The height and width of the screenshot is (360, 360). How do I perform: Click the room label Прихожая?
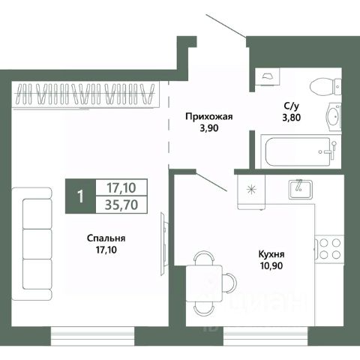[209, 117]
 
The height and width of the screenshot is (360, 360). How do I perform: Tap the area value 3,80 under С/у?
[292, 117]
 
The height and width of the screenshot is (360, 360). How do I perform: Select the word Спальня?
[106, 238]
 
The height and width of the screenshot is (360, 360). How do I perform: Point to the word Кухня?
[271, 254]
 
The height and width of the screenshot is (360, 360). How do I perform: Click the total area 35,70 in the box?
[121, 205]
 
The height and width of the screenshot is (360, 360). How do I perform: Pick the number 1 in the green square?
[80, 196]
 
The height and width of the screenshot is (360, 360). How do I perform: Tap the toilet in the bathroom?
[325, 86]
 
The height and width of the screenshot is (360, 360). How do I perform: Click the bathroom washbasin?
[334, 116]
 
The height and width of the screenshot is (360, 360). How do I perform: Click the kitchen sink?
[301, 189]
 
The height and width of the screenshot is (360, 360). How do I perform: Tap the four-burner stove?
[329, 249]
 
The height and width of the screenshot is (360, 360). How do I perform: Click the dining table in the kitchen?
[204, 283]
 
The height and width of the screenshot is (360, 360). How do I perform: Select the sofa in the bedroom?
[31, 244]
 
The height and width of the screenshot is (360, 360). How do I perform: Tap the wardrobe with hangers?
[85, 94]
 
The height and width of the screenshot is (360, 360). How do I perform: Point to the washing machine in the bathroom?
[267, 76]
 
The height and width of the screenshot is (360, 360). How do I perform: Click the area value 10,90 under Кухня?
[271, 265]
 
